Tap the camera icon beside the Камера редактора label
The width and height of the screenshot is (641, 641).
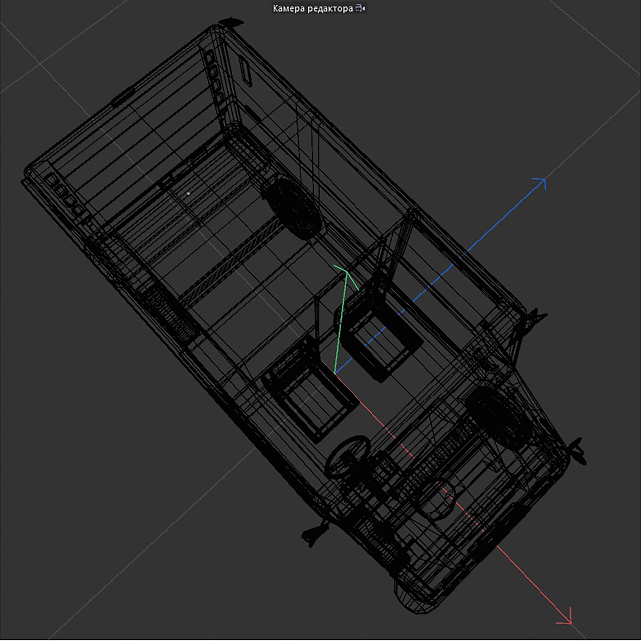point(360,9)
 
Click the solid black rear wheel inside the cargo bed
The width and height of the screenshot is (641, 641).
point(292,207)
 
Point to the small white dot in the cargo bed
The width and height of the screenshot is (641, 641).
point(188,193)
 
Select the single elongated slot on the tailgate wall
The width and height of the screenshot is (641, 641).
point(246,74)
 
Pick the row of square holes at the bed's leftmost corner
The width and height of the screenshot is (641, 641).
point(65,196)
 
